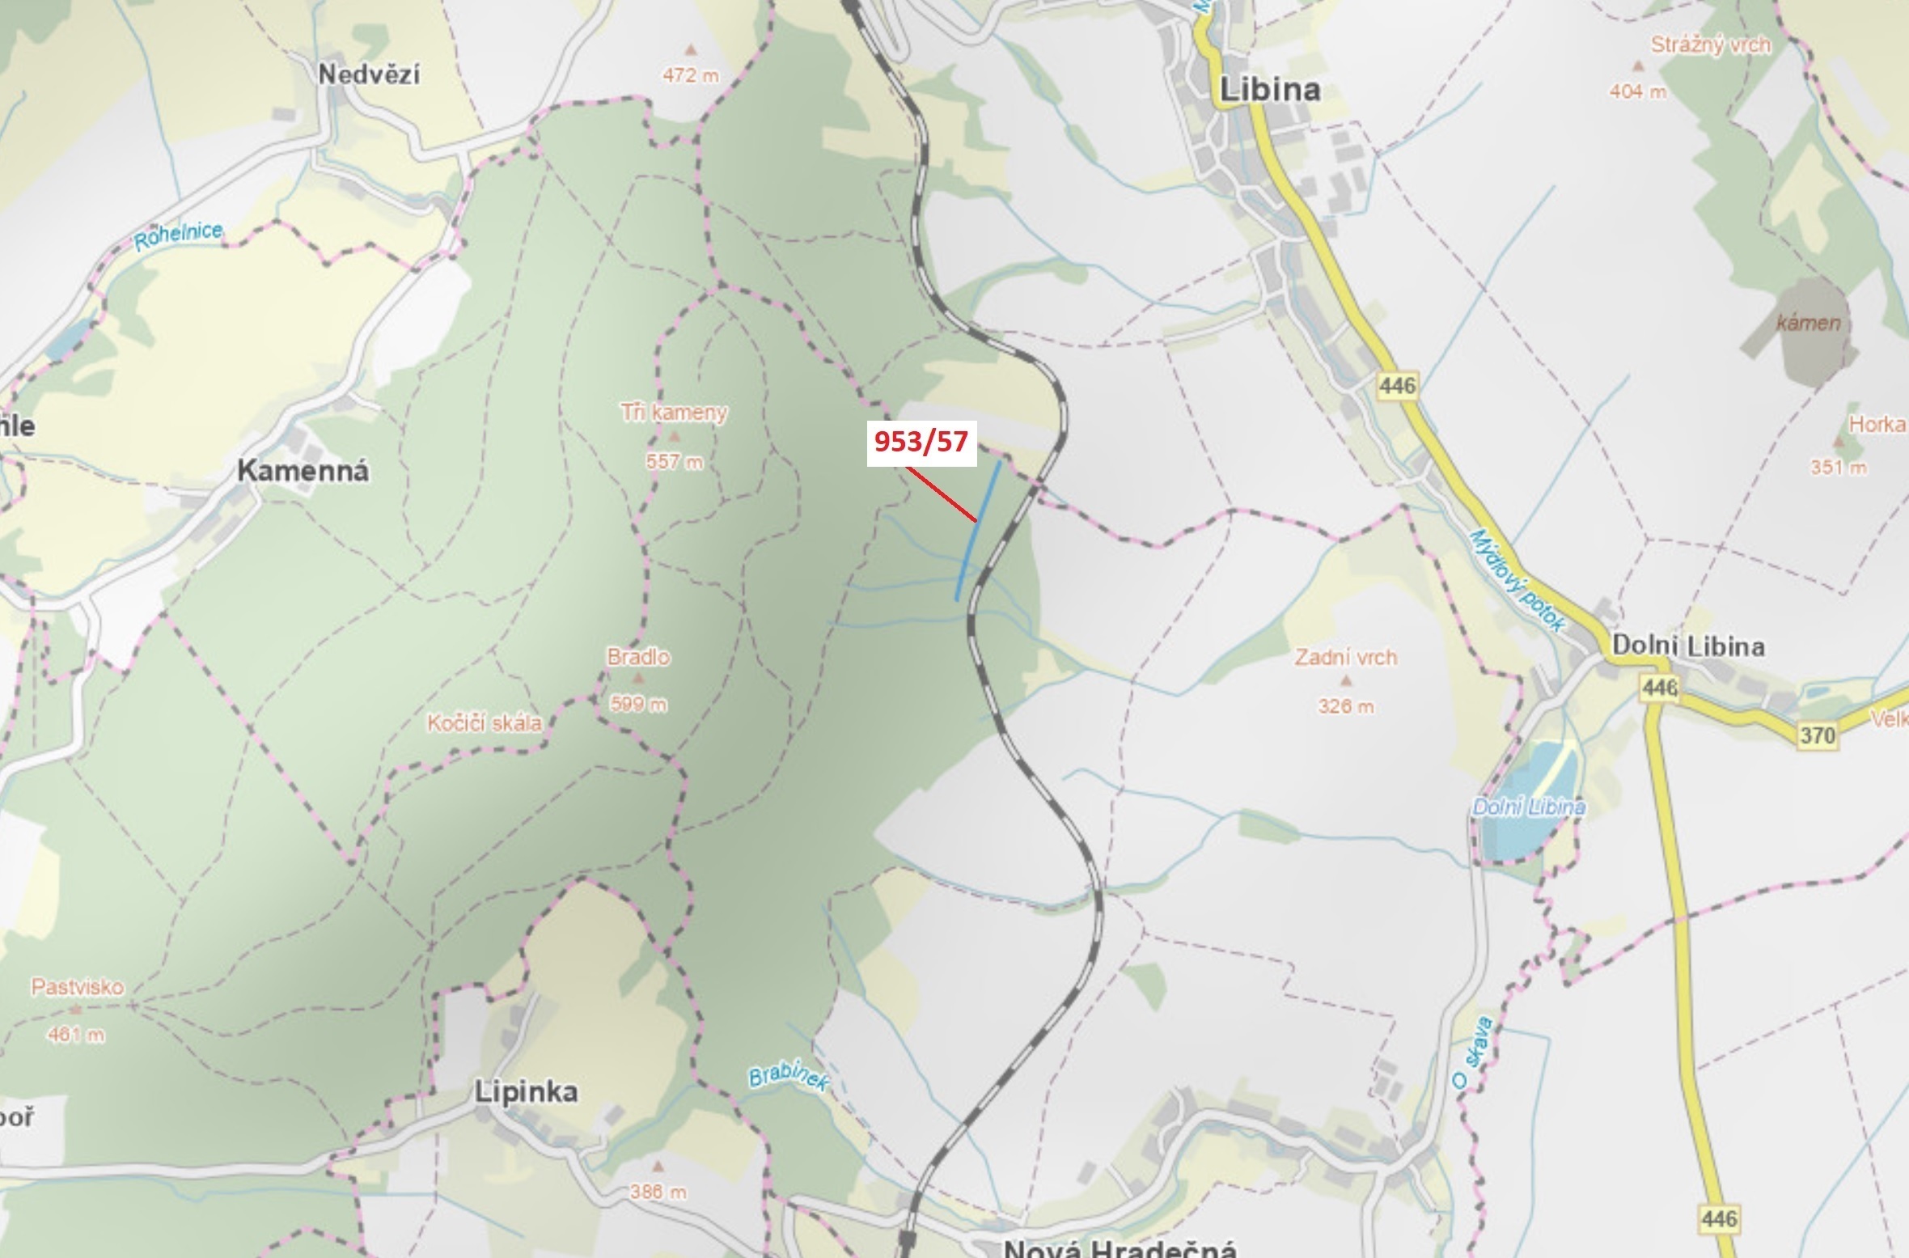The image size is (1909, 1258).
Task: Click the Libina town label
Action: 1269,89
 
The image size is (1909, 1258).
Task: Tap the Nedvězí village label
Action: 369,75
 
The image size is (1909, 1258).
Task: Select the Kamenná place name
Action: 303,471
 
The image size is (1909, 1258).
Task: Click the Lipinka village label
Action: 526,1092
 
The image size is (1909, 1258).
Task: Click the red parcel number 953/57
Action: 921,442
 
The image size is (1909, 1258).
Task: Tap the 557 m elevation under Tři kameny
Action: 675,462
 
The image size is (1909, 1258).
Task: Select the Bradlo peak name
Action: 638,657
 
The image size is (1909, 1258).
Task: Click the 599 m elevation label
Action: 638,705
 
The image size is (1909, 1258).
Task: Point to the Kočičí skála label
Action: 485,722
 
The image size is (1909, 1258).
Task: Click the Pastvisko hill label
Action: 78,987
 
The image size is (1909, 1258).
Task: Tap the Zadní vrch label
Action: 1346,657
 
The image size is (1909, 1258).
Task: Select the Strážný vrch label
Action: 1711,45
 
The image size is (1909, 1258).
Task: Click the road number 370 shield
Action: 1818,735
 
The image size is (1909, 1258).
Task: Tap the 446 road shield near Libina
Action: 1398,385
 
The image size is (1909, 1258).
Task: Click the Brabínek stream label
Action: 788,1078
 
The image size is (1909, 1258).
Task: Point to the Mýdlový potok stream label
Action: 1517,580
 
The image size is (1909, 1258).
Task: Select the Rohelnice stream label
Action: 178,236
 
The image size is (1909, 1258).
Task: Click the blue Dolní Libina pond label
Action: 1529,807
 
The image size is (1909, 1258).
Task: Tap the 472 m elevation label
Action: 691,76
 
